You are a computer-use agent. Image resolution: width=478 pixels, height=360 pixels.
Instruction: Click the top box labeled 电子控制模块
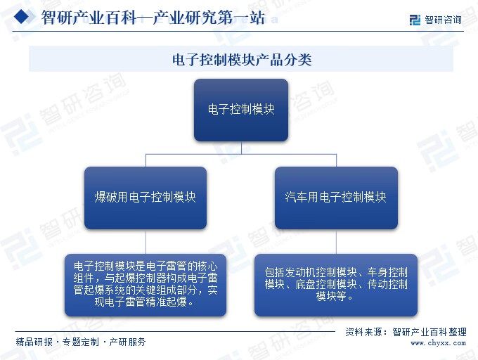click(x=241, y=110)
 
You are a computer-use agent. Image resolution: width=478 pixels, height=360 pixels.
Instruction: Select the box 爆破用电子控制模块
click(x=146, y=198)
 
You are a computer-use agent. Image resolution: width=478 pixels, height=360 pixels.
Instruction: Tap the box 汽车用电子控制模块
click(x=336, y=198)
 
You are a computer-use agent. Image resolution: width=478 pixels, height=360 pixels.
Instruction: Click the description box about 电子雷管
click(x=146, y=285)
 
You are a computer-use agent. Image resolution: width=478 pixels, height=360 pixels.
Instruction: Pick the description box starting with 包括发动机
click(x=336, y=285)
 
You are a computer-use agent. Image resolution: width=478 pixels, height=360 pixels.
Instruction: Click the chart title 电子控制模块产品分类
click(x=241, y=60)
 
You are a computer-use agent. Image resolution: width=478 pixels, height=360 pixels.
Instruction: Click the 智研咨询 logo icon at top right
click(x=415, y=20)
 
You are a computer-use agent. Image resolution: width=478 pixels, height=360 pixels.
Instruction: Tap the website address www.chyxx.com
click(x=438, y=343)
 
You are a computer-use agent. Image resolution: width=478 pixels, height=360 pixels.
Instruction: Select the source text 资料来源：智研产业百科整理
click(x=406, y=332)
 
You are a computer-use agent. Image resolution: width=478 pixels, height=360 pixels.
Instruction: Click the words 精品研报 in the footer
click(x=34, y=342)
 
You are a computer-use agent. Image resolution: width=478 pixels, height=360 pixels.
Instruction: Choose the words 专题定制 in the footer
click(x=81, y=342)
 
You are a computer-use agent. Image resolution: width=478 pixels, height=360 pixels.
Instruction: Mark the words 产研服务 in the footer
click(x=127, y=342)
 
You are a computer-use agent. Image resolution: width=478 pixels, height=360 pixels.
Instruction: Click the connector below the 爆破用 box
click(x=146, y=242)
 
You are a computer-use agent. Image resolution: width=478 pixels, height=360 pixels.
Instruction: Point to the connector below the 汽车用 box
click(x=336, y=242)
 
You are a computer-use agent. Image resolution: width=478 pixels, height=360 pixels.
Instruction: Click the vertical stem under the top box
click(x=241, y=148)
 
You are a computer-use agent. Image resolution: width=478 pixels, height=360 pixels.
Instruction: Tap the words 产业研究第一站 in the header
click(x=209, y=18)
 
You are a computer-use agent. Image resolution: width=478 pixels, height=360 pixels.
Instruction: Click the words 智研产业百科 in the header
click(x=89, y=18)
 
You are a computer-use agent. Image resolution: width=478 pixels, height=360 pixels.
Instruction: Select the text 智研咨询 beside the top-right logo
click(x=444, y=20)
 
